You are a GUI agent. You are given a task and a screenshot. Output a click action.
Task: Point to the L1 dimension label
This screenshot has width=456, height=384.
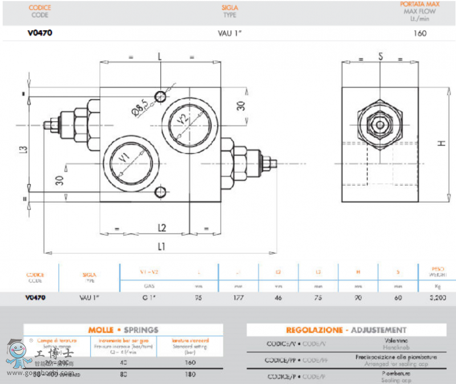pyautogui.click(x=162, y=246)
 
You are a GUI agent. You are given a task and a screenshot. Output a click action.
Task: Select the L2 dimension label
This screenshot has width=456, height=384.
pyautogui.click(x=162, y=228)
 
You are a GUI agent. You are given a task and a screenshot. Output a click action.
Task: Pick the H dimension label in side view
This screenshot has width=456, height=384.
pyautogui.click(x=441, y=143)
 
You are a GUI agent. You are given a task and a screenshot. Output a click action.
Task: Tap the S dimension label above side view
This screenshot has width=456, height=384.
pyautogui.click(x=380, y=56)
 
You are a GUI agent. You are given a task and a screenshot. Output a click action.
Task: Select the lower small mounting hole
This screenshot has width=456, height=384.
pyautogui.click(x=161, y=191)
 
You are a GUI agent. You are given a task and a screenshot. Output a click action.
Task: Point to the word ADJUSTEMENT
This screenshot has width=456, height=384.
pyautogui.click(x=378, y=330)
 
